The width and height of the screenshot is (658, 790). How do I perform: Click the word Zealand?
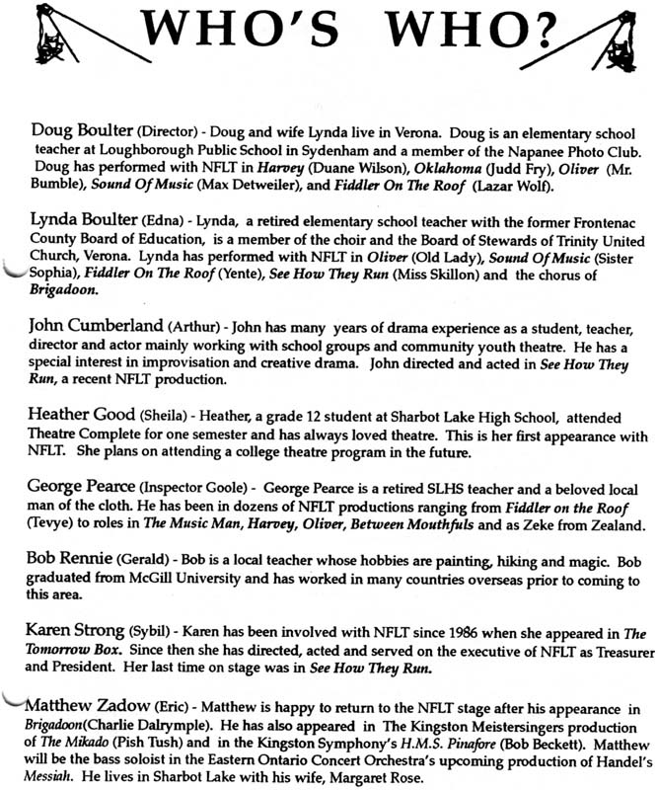(616, 522)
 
